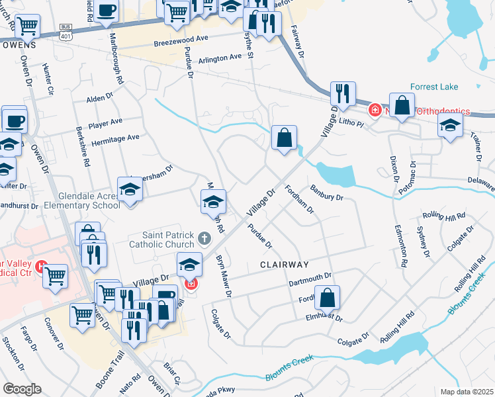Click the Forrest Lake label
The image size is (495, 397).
[434, 86]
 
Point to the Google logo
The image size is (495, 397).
[22, 389]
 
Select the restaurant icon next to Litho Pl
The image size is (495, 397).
[342, 94]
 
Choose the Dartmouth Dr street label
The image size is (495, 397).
[309, 279]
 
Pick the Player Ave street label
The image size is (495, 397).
[106, 122]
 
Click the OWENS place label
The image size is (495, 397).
[18, 45]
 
